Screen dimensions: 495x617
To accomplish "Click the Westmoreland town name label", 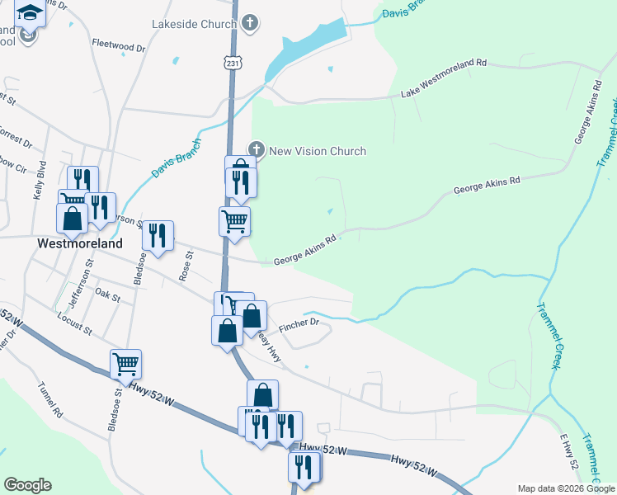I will (x=80, y=243).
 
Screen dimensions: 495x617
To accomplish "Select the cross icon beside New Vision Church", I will (x=257, y=150).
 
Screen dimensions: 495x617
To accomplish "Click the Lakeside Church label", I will (x=194, y=24).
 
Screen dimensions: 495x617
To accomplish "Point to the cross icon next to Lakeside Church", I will (x=250, y=24).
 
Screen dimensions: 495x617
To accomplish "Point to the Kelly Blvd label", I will (x=38, y=185).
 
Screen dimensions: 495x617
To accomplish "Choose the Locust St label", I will (x=73, y=322).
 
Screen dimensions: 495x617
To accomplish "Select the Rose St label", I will (x=186, y=266).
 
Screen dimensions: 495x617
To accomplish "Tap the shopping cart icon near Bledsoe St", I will (x=125, y=362).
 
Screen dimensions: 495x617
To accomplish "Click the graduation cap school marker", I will (x=30, y=14).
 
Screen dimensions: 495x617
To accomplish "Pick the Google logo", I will (x=27, y=484).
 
